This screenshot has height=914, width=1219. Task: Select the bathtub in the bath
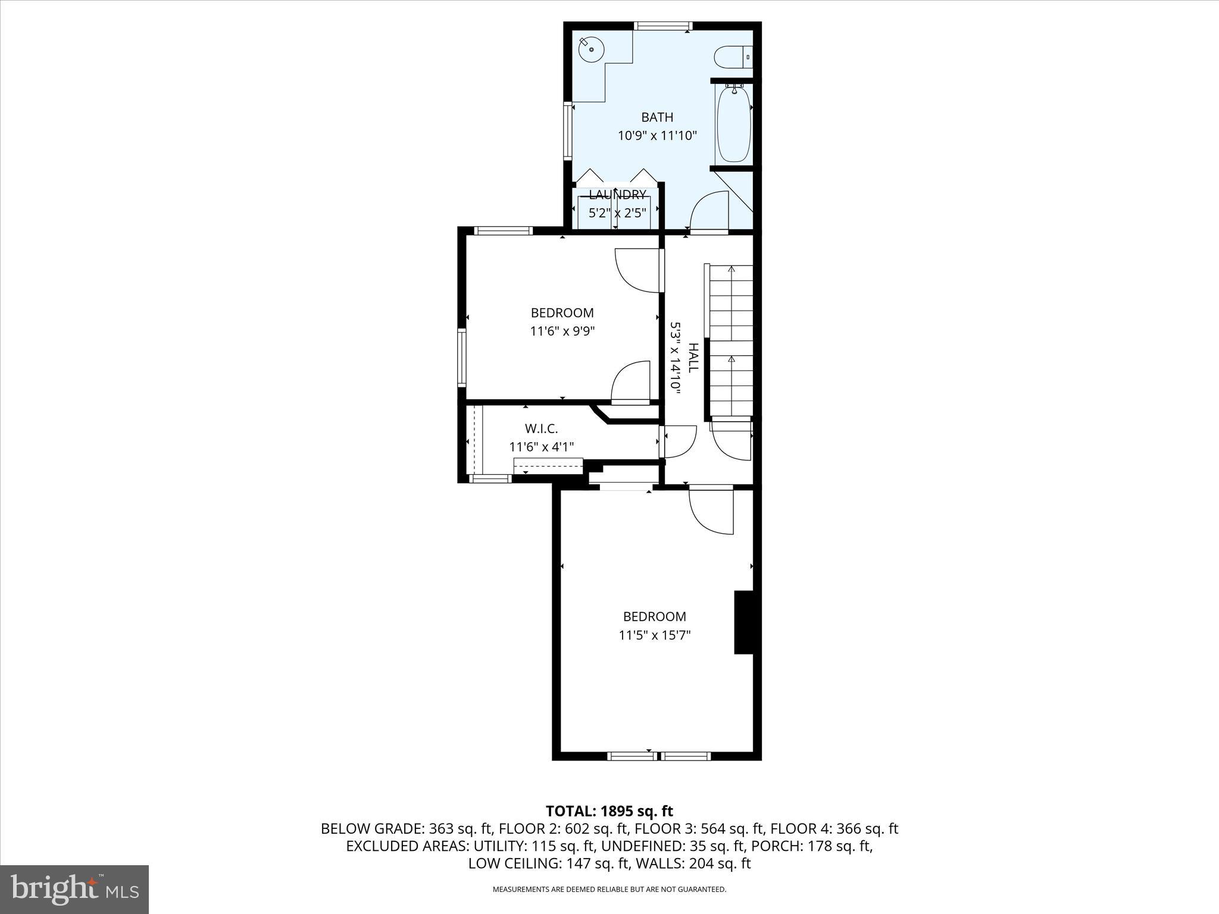coord(733,124)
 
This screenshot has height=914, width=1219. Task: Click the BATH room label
coord(657,117)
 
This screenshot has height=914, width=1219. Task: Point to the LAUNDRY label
coord(617,195)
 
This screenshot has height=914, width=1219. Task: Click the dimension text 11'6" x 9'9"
coord(562,331)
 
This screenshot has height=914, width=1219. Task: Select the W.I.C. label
coord(541,428)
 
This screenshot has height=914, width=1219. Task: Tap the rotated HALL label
coord(693,358)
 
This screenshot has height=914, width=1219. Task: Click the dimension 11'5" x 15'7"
coord(654,636)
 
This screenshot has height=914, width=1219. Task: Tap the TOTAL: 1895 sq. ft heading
coord(609,811)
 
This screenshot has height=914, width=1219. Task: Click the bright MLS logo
coord(74,889)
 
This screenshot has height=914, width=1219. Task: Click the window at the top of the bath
coord(662,26)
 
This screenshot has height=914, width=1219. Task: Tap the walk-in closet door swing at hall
coord(679,442)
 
